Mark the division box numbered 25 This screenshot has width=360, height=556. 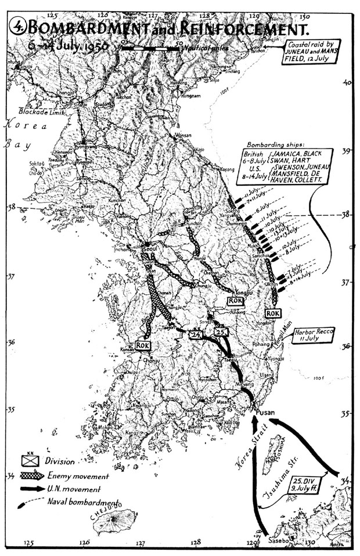point(221,332)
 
